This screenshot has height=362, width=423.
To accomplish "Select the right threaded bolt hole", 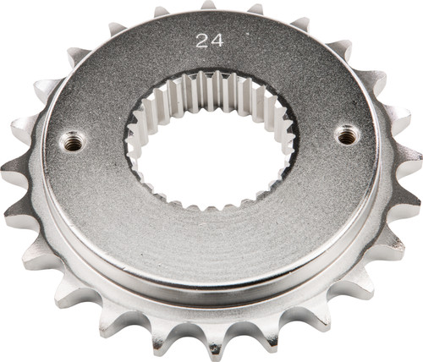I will pos(347,134).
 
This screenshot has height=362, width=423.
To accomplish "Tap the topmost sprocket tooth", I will pos(208,7).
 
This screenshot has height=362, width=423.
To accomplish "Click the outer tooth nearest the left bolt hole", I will pos(19,127).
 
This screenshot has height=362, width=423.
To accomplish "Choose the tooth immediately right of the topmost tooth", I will pos(254,11).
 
